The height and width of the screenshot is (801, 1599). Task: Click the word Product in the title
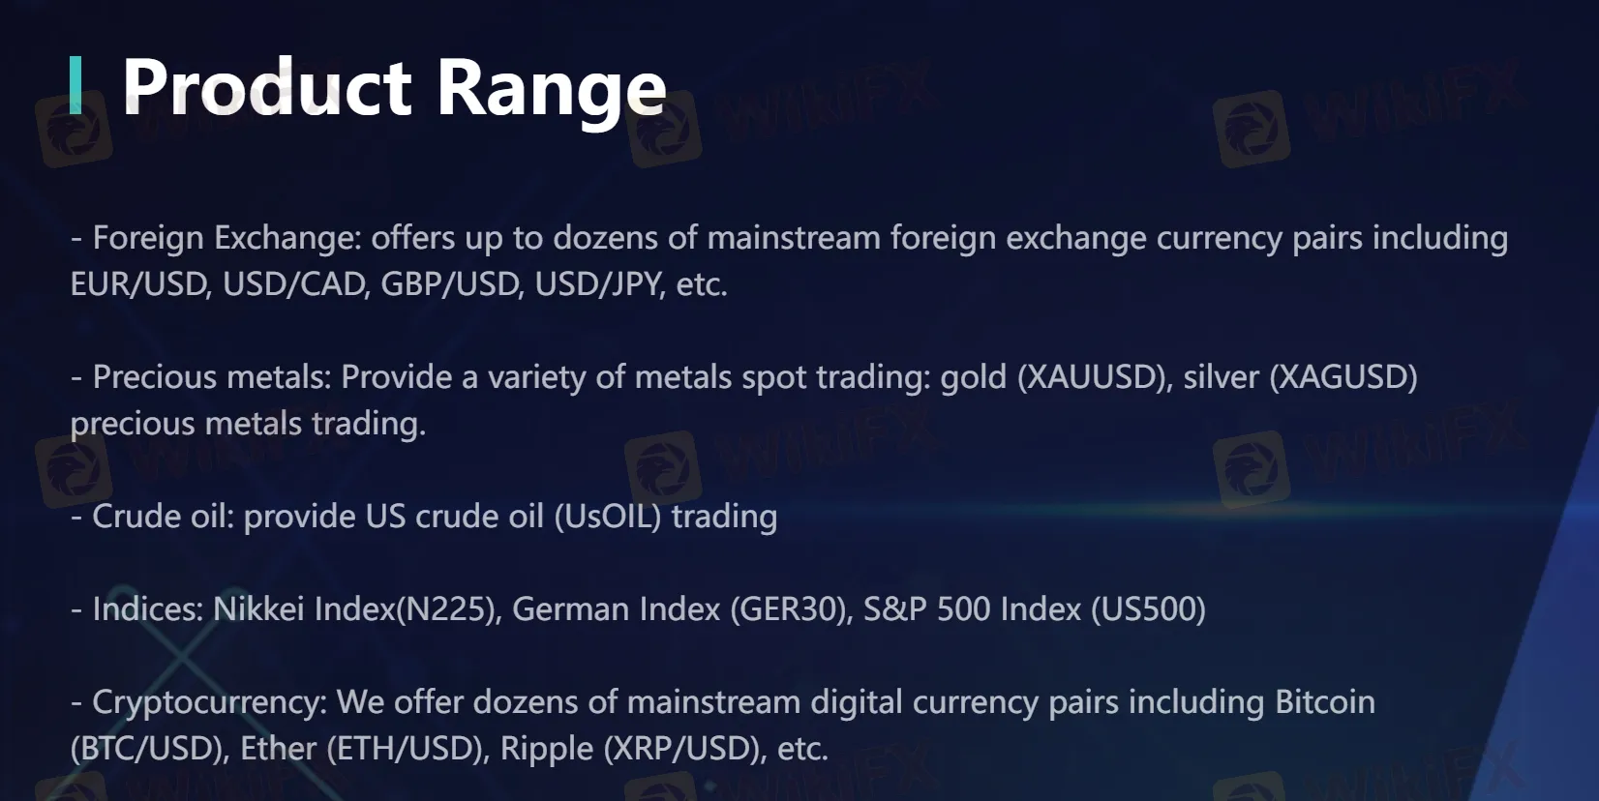267,87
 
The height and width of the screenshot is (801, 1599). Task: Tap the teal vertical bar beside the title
75,85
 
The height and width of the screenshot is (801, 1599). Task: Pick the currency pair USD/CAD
295,283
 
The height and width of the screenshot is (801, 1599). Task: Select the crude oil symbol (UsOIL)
608,517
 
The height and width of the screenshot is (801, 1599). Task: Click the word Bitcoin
1325,702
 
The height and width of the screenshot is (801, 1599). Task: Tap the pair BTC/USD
148,748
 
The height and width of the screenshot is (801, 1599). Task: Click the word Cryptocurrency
208,703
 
